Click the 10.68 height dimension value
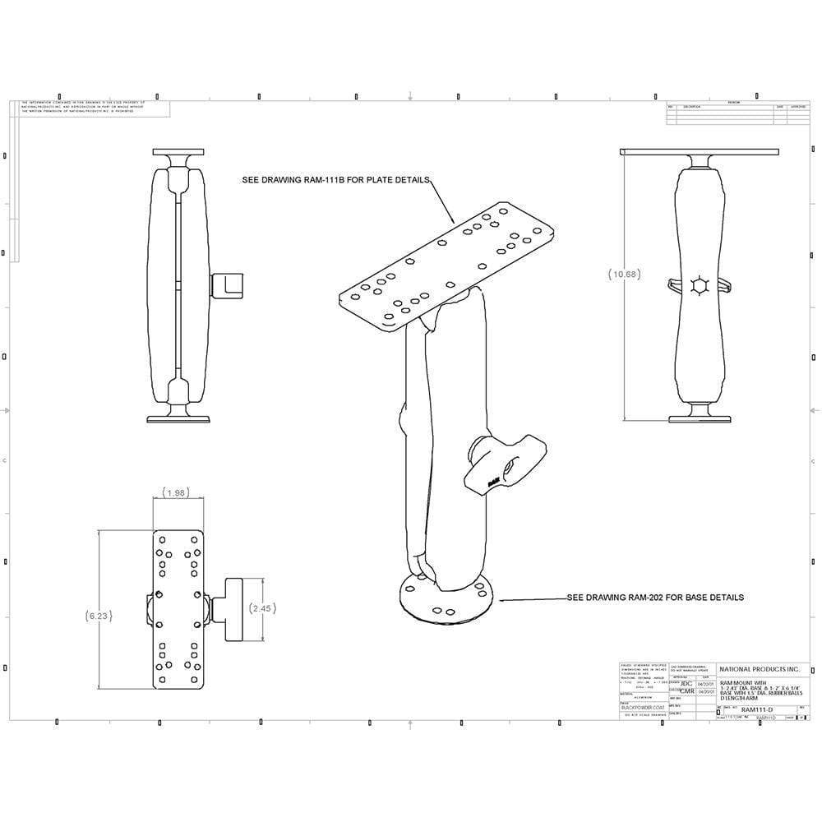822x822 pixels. (624, 275)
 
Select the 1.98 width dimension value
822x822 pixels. (175, 493)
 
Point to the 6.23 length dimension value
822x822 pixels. (99, 615)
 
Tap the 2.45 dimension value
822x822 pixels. (261, 608)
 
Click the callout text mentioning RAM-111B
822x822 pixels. (335, 179)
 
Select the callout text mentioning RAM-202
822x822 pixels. (655, 597)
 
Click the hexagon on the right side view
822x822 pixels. (700, 285)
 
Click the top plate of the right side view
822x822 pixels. (700, 152)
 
